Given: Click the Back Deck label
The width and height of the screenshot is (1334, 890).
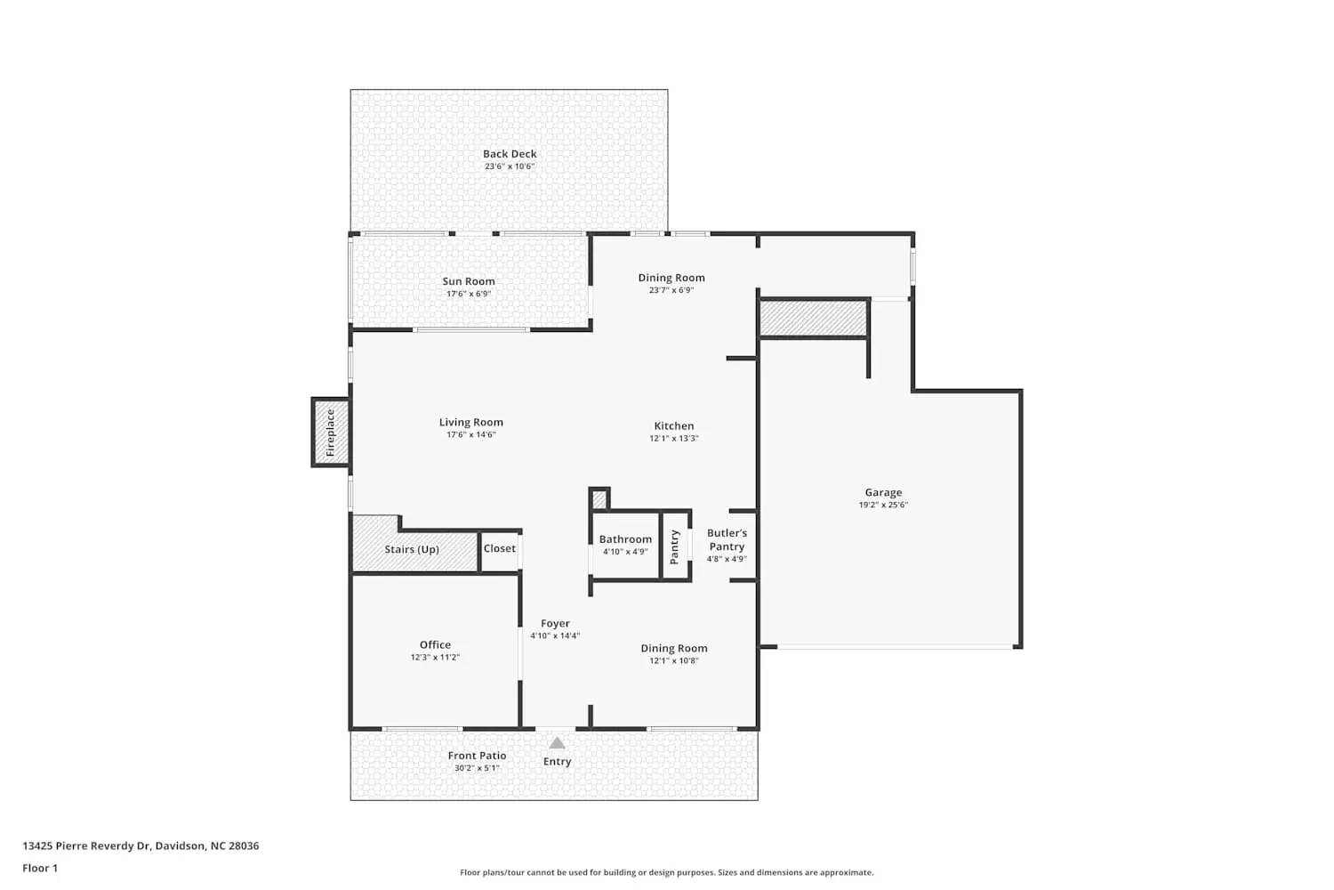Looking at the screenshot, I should (x=510, y=154).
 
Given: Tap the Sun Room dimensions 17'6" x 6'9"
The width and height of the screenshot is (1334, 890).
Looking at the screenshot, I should (x=469, y=294).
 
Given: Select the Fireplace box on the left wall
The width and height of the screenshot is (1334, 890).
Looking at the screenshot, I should (x=330, y=433).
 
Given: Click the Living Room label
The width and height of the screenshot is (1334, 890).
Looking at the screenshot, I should (x=470, y=423).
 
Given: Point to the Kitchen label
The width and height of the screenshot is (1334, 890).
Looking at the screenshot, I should (x=673, y=426).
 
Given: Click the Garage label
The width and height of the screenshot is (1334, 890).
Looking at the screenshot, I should (x=883, y=492).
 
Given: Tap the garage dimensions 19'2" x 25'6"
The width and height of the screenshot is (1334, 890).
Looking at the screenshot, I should (x=883, y=505).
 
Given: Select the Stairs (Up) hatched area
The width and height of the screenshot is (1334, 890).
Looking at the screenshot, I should (x=412, y=550).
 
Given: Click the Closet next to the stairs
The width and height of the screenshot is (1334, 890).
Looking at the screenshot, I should (x=500, y=549).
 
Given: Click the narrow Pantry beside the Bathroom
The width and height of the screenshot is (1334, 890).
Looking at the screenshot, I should (x=675, y=546).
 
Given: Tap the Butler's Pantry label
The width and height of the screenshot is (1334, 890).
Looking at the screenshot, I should (x=727, y=540).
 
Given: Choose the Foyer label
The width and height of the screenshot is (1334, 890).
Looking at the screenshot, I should (x=555, y=624).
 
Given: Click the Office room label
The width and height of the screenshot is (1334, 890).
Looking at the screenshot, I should (x=435, y=645).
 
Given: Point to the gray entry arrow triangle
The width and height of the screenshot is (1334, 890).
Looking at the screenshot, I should (x=557, y=743).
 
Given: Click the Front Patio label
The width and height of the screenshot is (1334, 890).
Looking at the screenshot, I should (x=477, y=756).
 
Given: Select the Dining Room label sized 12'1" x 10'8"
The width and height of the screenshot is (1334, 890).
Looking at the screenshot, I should (x=674, y=649).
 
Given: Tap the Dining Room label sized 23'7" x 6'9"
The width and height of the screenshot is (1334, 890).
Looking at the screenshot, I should (x=671, y=278).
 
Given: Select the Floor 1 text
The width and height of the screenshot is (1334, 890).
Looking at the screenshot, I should (x=40, y=868).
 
